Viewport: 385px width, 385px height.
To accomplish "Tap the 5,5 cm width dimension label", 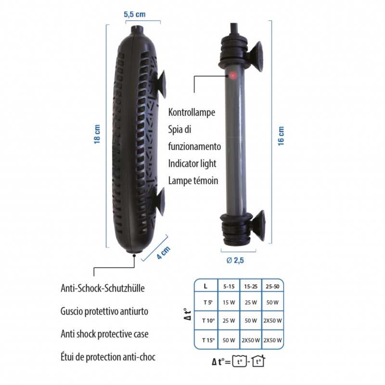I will [x=134, y=14].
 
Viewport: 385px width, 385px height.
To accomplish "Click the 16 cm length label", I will [x=282, y=135].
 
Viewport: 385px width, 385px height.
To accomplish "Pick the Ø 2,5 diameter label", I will [x=236, y=260].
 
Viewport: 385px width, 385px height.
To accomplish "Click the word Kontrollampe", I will [x=192, y=112].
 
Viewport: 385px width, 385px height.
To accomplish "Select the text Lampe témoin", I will [x=193, y=180].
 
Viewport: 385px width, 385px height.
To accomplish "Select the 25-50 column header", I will [x=272, y=286].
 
